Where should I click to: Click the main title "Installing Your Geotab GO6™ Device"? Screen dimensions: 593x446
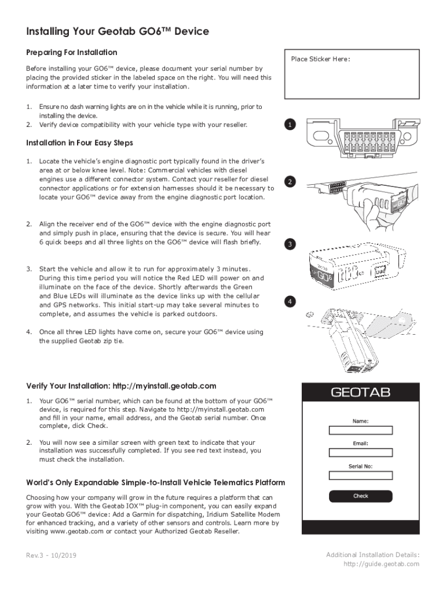click(118, 31)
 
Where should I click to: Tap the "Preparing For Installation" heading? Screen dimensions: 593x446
click(72, 53)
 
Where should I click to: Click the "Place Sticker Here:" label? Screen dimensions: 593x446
click(320, 59)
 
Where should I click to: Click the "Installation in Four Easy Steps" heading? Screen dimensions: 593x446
click(80, 142)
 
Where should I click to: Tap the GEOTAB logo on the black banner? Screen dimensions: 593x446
click(360, 393)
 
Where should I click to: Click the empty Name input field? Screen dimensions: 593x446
click(360, 430)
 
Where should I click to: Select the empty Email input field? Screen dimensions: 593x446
click(360, 453)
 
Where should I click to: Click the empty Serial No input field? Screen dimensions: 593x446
click(360, 475)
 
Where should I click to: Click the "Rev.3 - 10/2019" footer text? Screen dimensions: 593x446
click(52, 556)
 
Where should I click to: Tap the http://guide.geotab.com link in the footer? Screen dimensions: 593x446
click(381, 564)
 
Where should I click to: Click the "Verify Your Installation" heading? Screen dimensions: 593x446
click(122, 386)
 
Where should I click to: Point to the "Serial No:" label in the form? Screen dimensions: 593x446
click(360, 466)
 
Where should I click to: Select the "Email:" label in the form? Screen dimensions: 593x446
click(360, 444)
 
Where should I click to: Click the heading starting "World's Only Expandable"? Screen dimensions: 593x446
click(156, 482)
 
